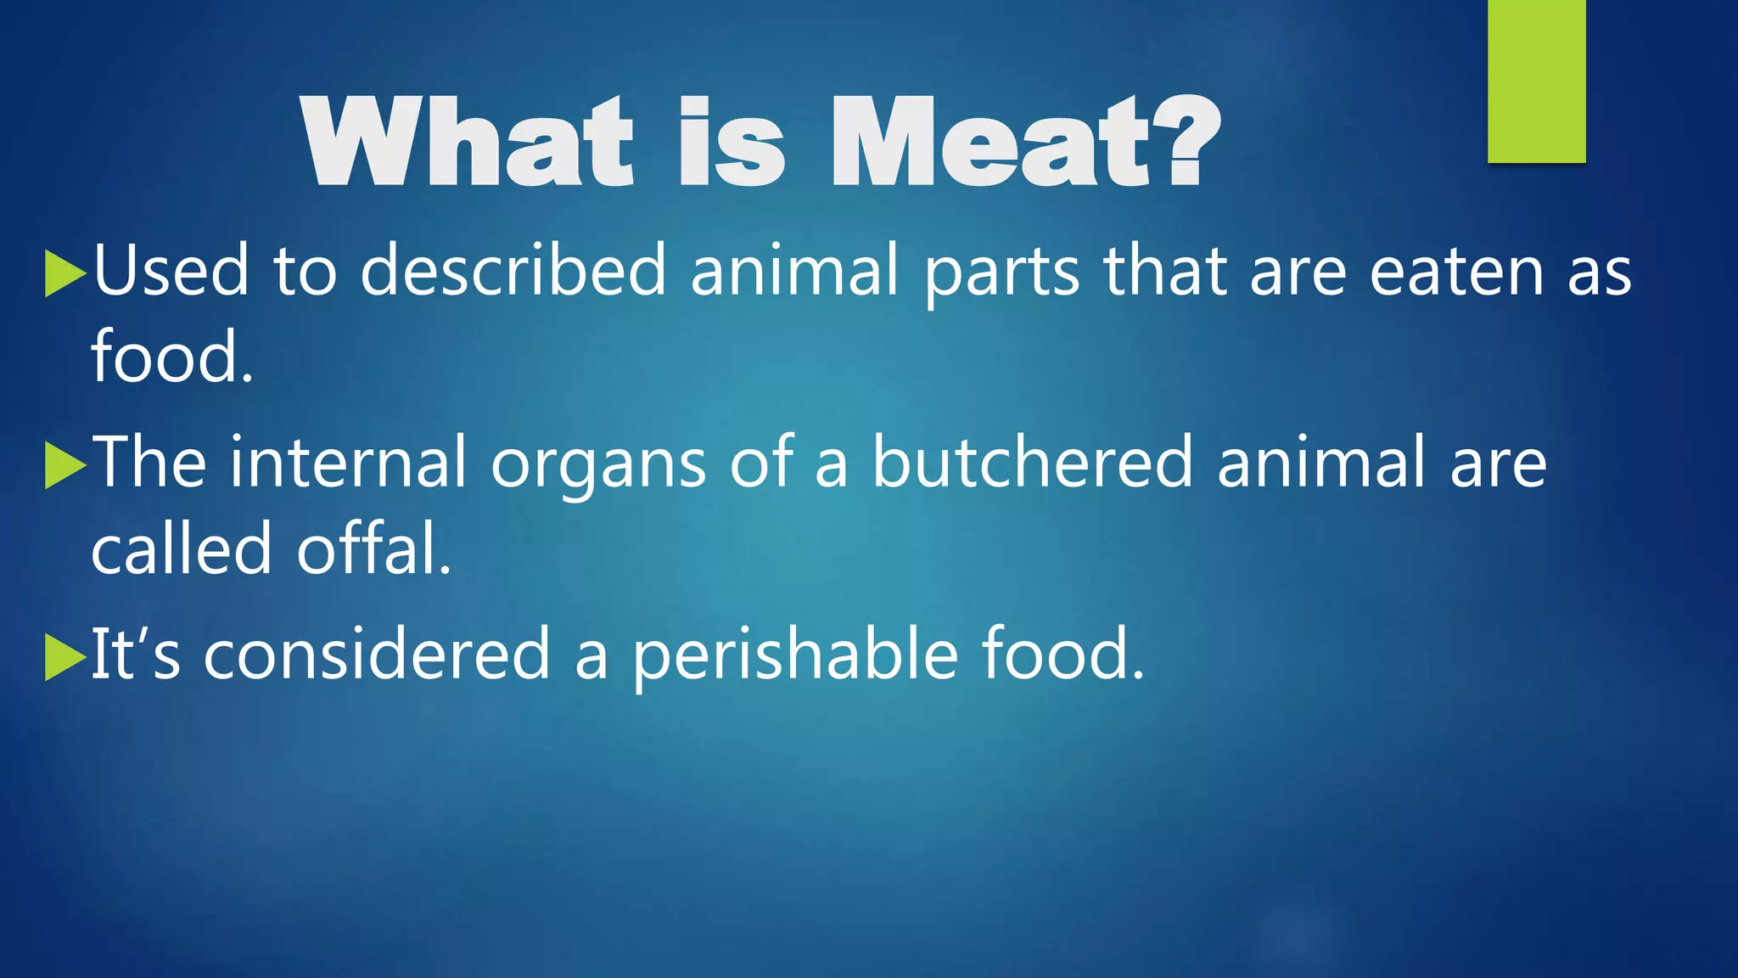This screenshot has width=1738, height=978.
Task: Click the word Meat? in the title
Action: click(x=1025, y=143)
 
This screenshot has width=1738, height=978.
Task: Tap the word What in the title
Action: click(x=467, y=143)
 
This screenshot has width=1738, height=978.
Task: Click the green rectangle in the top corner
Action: click(x=1536, y=81)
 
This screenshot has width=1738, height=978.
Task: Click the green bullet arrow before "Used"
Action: click(x=64, y=273)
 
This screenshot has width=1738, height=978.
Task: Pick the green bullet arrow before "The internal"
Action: click(x=64, y=465)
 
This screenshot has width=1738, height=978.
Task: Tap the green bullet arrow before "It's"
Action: click(x=64, y=657)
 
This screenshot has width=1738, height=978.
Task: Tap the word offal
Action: click(x=373, y=549)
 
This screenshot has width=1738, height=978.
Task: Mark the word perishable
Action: click(x=795, y=656)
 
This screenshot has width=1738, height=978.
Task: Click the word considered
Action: click(x=377, y=655)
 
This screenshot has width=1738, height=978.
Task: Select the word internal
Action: click(x=348, y=463)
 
